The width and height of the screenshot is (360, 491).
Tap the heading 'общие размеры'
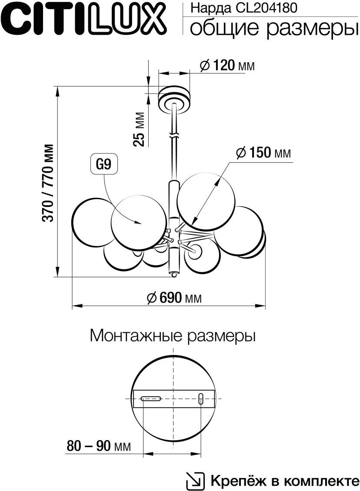[271, 28]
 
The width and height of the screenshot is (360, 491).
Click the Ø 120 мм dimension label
[227, 66]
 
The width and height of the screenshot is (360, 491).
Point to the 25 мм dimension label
[138, 129]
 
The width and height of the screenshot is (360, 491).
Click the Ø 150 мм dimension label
[263, 153]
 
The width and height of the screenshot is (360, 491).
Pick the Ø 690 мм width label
[174, 298]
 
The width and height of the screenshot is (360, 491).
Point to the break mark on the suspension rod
[174, 136]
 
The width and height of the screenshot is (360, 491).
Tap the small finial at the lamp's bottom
[174, 274]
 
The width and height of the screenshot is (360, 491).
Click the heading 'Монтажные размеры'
[173, 336]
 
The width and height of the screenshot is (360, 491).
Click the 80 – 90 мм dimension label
[99, 446]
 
